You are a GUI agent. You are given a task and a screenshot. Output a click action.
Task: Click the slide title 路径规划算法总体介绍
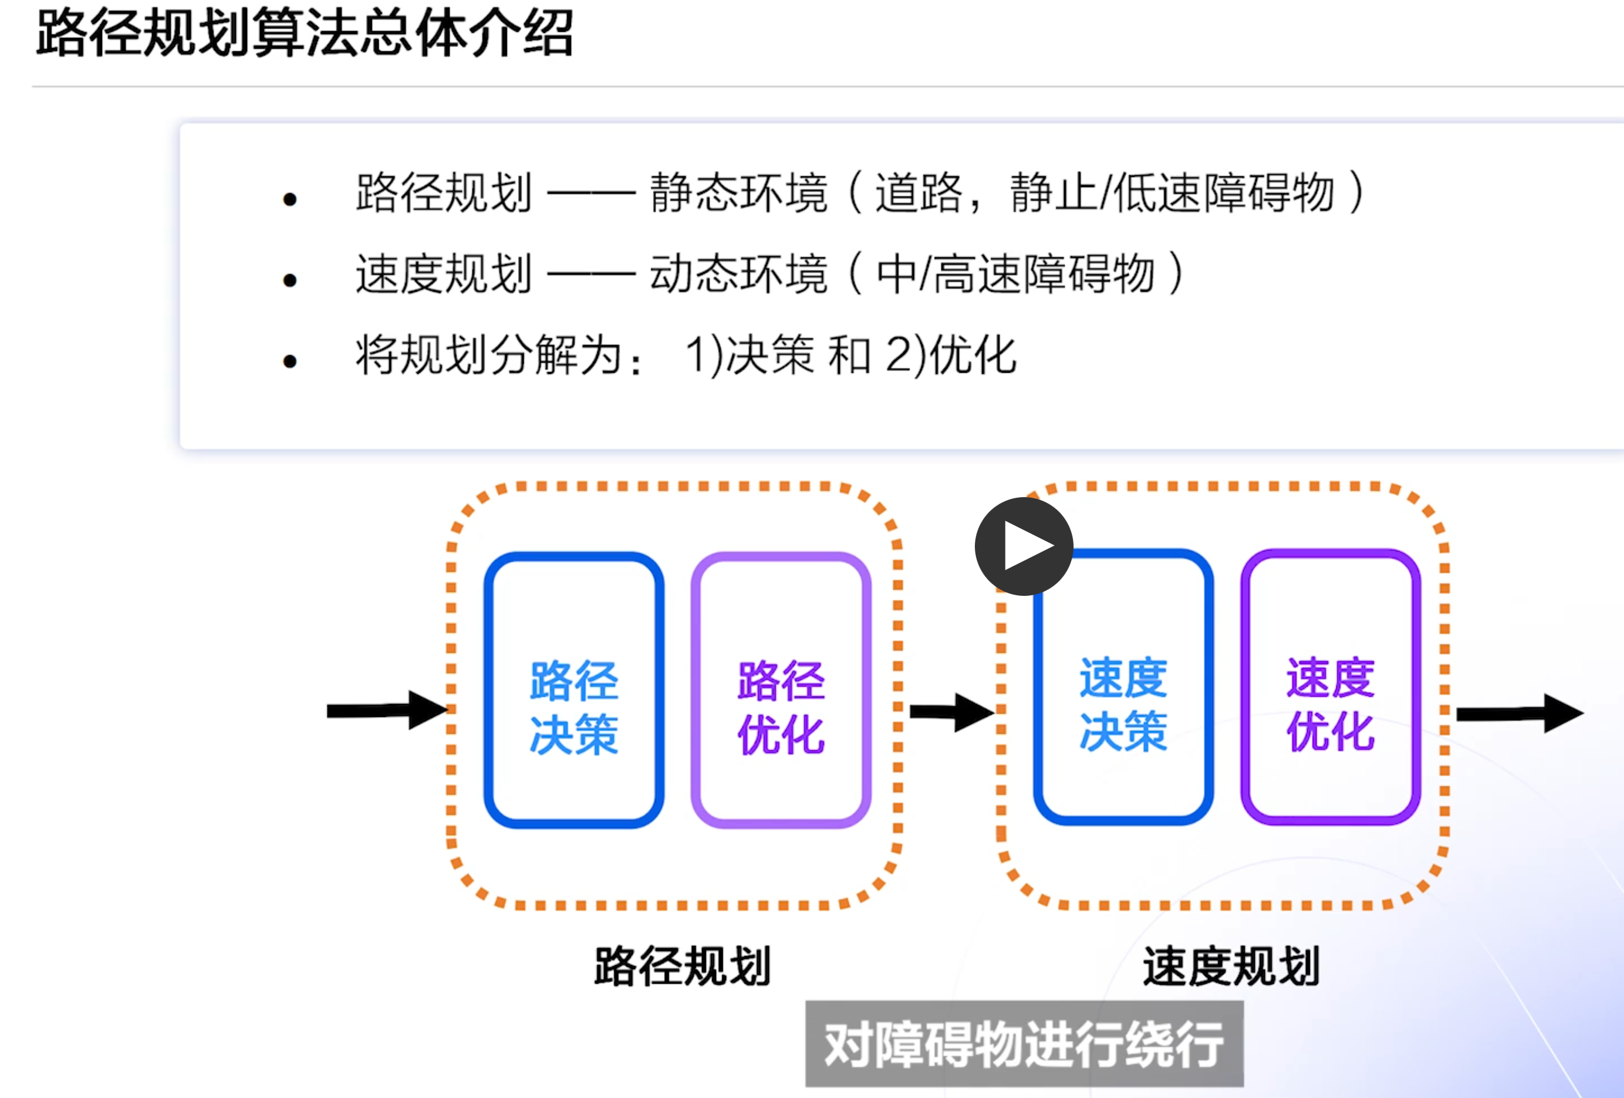(304, 33)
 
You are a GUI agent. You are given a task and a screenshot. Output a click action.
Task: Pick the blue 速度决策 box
(1123, 687)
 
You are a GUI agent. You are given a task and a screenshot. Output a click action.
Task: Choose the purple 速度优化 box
(1331, 687)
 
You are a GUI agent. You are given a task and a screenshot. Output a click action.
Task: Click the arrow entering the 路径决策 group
(386, 710)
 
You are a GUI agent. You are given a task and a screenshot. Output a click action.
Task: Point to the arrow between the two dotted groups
(950, 712)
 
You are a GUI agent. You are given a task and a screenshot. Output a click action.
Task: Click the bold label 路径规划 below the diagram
(682, 966)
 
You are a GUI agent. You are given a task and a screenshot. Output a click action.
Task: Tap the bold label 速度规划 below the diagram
(1231, 966)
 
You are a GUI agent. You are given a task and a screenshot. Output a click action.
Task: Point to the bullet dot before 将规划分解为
(290, 362)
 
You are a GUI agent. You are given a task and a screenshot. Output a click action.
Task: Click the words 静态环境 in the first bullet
(738, 192)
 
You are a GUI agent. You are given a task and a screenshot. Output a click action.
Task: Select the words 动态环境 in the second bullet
(738, 273)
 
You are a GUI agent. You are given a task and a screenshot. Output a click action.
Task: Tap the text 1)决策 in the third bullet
(749, 355)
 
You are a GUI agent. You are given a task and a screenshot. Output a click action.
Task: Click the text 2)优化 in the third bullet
(950, 355)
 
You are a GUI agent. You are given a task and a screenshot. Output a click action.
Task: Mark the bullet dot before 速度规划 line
(290, 280)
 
